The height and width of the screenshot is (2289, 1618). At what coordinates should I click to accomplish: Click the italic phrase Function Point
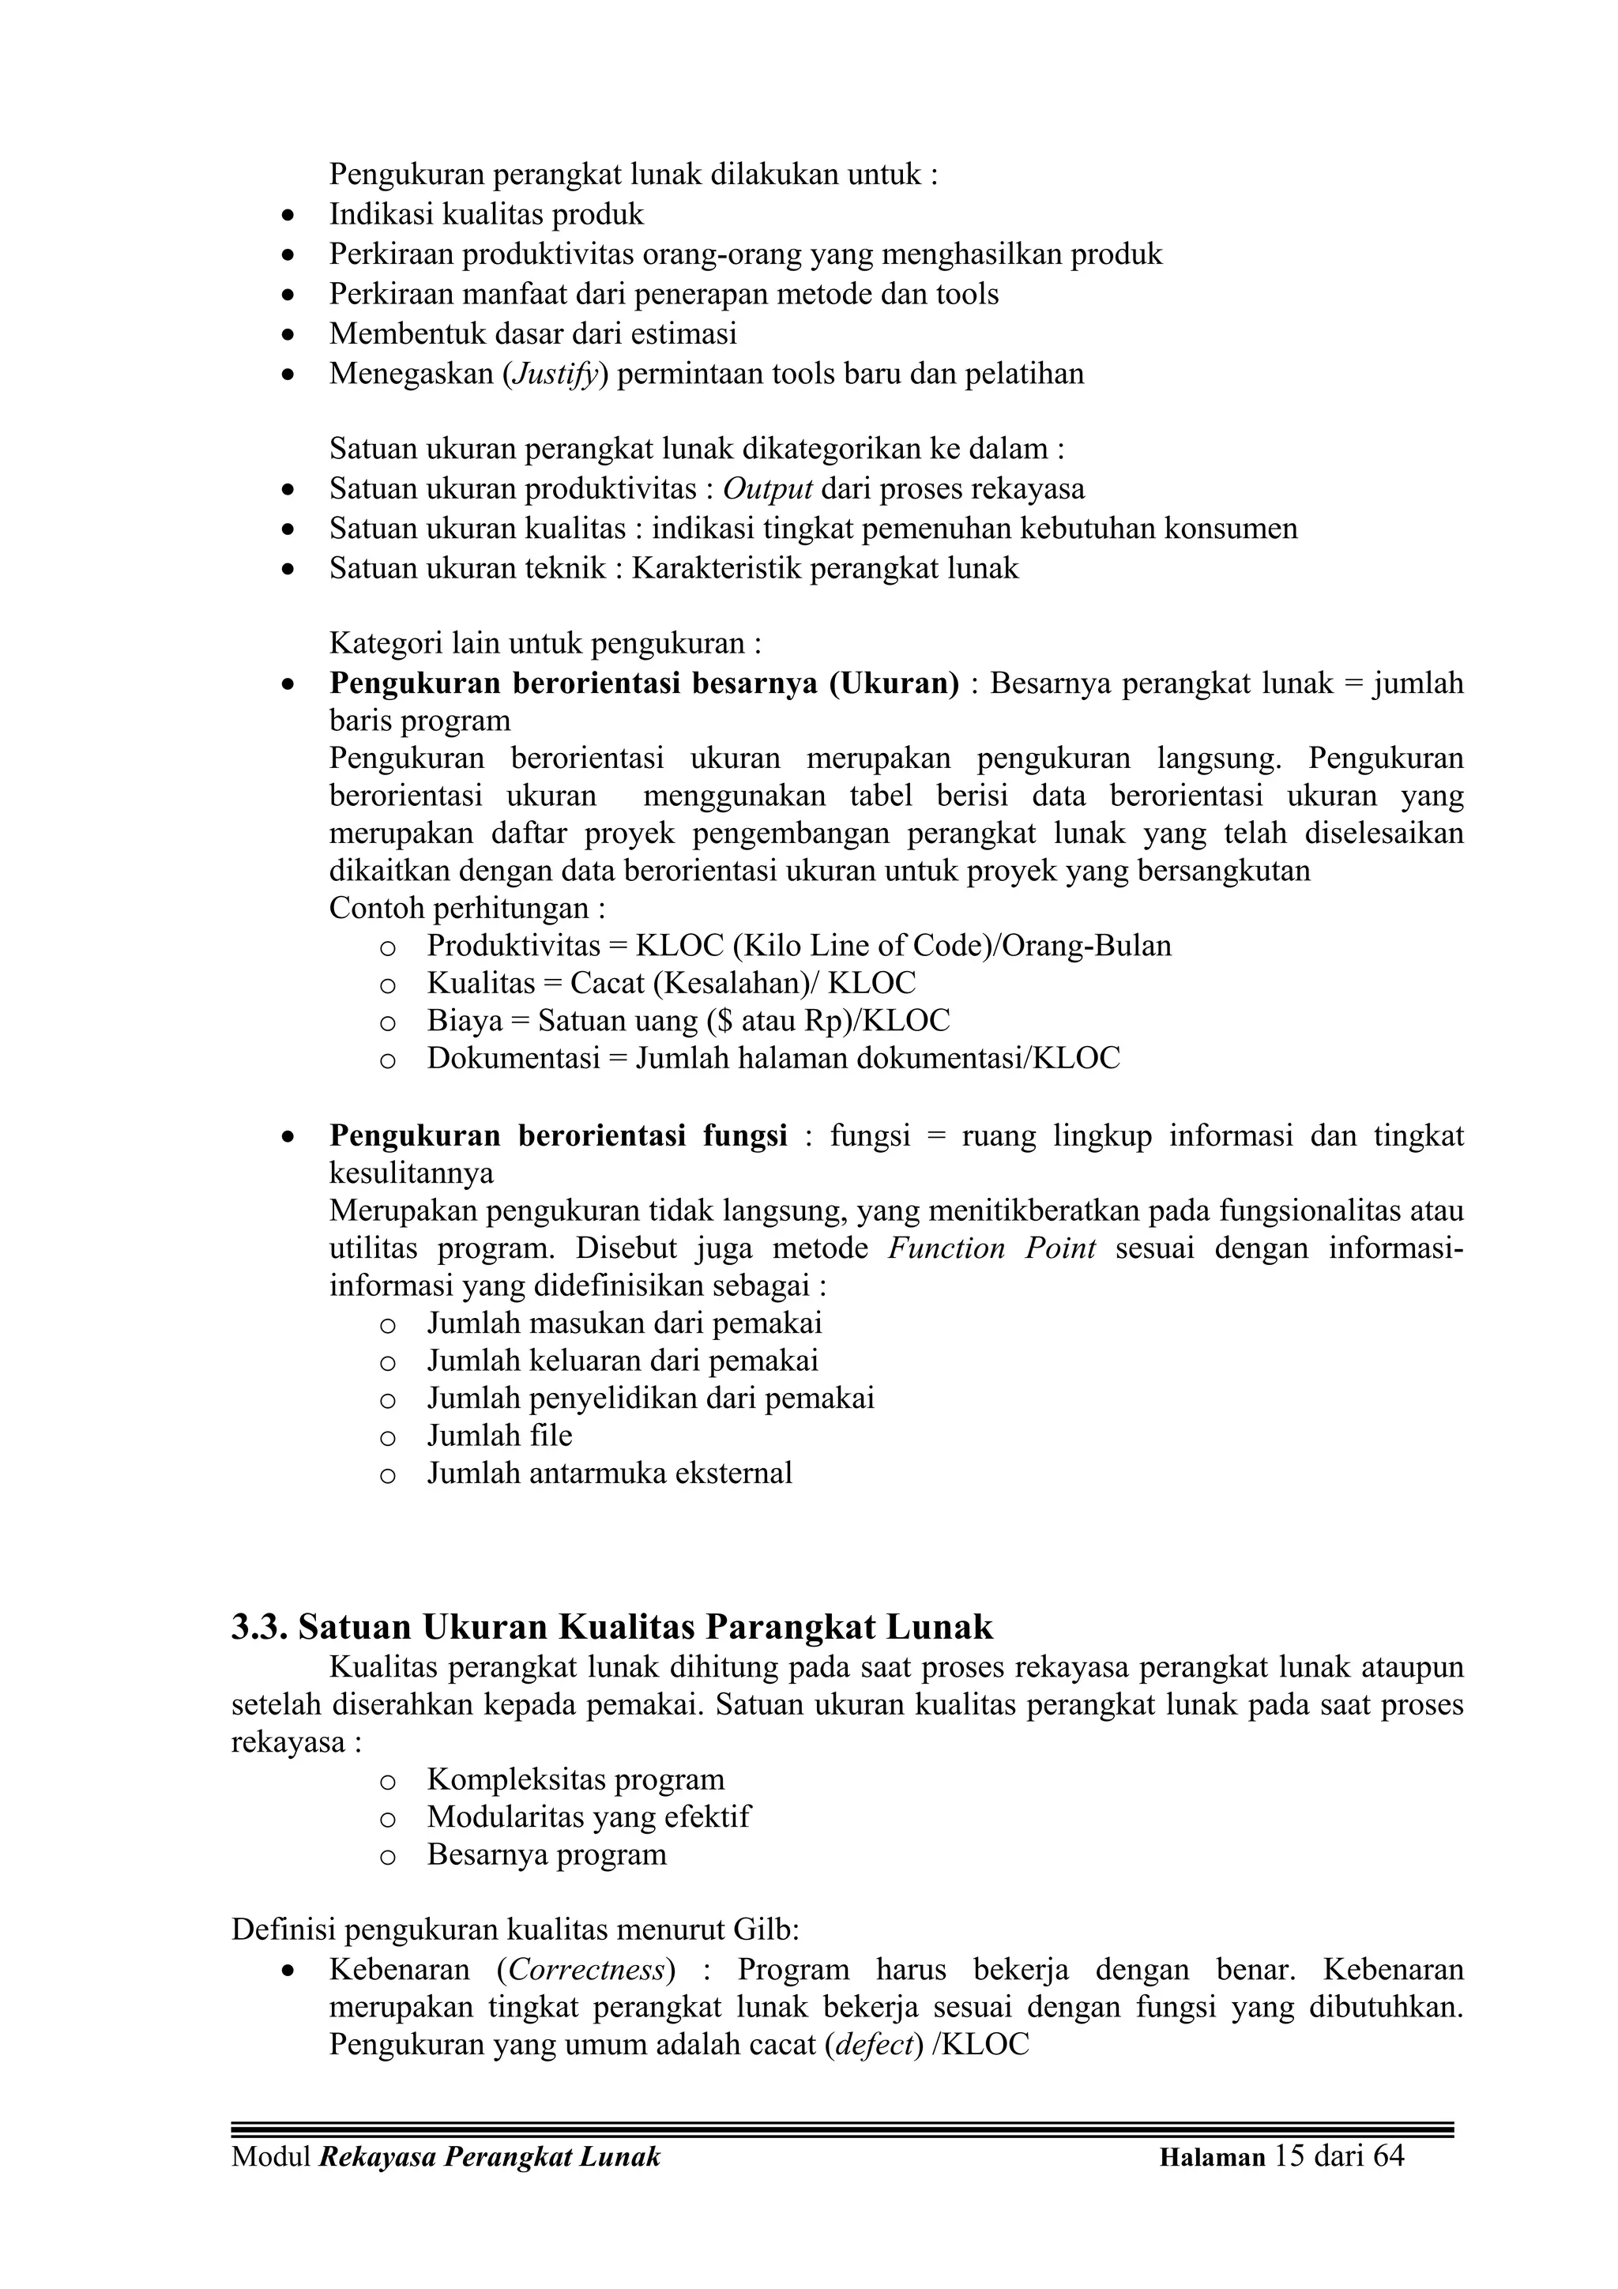click(992, 1249)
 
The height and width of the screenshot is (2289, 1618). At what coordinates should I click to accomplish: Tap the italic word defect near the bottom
click(873, 2045)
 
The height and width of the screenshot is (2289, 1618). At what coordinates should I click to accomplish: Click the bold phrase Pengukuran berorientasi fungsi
click(559, 1136)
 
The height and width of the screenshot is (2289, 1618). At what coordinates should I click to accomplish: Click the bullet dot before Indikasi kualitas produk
click(288, 216)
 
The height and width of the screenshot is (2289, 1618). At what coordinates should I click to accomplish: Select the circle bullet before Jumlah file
click(388, 1436)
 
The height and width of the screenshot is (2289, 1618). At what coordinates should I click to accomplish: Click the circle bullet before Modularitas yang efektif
click(388, 1818)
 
